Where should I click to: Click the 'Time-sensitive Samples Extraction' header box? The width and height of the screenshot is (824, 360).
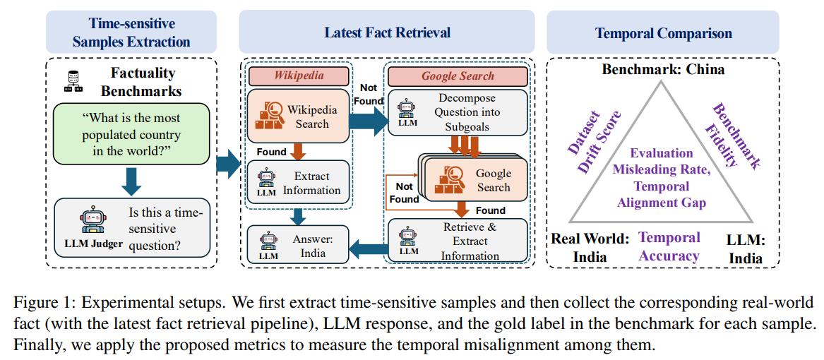coord(131,32)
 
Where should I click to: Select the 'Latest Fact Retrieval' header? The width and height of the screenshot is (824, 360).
coord(387,32)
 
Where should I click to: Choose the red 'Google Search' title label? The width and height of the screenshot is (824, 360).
coord(458,76)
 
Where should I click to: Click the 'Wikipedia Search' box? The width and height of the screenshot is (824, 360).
coord(297,116)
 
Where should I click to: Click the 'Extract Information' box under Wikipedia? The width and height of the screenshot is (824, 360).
coord(297,182)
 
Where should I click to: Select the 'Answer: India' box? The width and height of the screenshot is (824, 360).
coord(297,246)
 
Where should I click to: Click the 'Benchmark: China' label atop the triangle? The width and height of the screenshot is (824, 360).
coord(662,69)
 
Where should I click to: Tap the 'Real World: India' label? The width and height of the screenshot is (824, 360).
coord(590,247)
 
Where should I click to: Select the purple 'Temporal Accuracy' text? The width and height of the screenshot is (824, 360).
coord(669,247)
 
